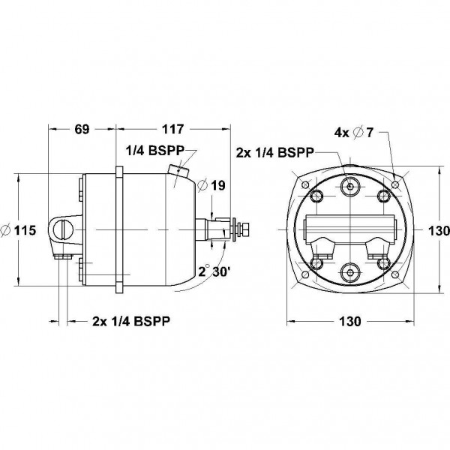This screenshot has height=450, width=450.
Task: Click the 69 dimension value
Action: point(82,129)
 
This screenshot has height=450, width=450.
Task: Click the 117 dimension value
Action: point(172,129)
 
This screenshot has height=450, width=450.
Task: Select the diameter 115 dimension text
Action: point(19,230)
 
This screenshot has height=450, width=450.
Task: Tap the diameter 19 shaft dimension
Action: point(211,185)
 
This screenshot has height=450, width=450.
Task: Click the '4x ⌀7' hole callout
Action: point(354,133)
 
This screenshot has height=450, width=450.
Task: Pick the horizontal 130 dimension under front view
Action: point(350,322)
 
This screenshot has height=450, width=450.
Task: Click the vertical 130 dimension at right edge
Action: point(439,230)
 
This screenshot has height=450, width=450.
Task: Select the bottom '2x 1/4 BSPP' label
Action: point(131,321)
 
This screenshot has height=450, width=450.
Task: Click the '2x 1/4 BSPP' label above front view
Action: point(274,153)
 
